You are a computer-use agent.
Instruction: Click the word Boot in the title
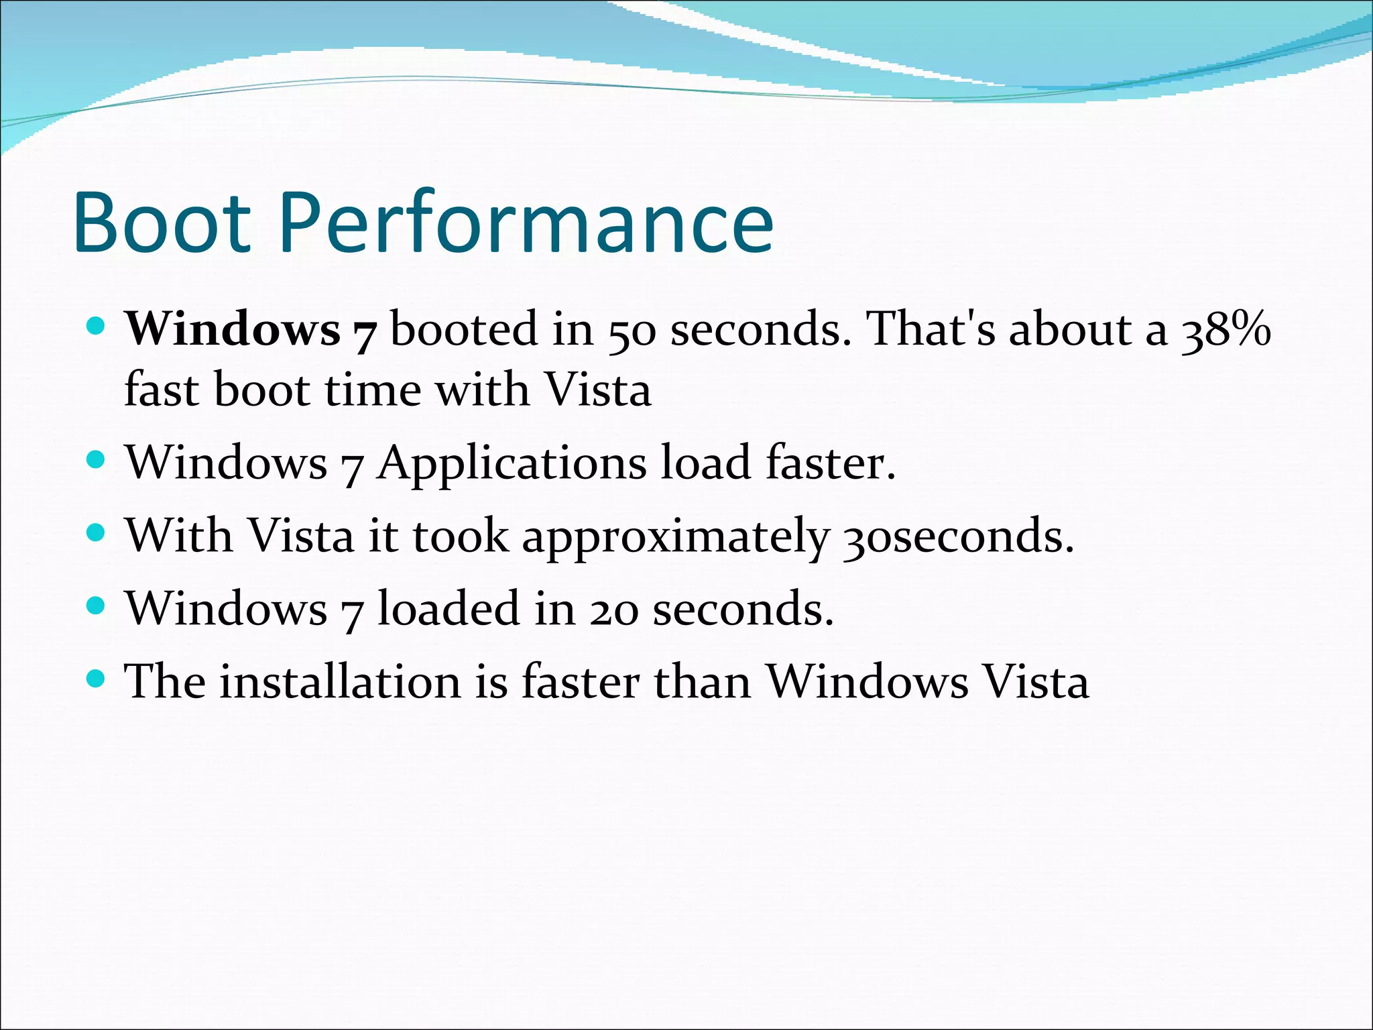click(x=162, y=223)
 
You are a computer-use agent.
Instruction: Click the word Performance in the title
click(x=526, y=223)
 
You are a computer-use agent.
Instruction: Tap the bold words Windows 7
click(x=252, y=330)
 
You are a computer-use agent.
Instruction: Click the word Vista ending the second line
click(x=597, y=390)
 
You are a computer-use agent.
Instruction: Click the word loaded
click(x=449, y=609)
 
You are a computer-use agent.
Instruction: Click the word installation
click(x=340, y=682)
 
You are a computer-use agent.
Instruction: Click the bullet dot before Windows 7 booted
click(x=97, y=327)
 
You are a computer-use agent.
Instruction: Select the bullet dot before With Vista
click(x=97, y=533)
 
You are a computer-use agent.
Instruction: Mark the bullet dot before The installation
click(x=97, y=679)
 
